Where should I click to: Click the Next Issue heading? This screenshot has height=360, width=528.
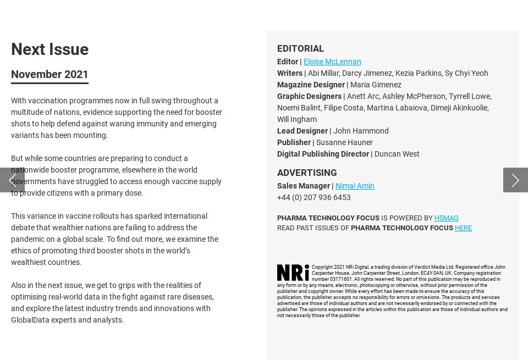(50, 49)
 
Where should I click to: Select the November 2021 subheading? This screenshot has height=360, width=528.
(50, 74)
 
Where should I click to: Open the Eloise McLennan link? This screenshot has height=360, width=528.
(332, 62)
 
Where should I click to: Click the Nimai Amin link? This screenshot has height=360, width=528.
(355, 186)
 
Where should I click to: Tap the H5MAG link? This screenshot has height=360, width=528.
(446, 218)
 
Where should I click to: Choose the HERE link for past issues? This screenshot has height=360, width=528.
(463, 228)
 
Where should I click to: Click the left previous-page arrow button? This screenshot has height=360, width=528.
(12, 180)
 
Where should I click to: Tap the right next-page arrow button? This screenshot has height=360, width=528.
(515, 180)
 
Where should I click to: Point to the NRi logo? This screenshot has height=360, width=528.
(293, 273)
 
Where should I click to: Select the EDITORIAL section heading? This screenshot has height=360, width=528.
(300, 48)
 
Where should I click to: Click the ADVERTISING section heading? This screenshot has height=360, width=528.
(307, 173)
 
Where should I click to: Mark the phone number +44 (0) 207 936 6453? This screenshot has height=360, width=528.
(313, 197)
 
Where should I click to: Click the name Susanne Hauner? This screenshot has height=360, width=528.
(344, 142)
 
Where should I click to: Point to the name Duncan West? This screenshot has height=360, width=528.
(397, 154)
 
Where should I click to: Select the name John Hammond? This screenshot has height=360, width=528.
(361, 131)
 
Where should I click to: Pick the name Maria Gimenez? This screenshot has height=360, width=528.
(376, 85)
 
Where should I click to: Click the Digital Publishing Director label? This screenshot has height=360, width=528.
(323, 154)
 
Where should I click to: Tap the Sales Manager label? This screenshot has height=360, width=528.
(303, 186)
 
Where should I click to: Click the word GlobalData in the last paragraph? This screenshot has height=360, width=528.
(30, 320)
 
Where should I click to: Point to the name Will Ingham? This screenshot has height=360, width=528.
(297, 119)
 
